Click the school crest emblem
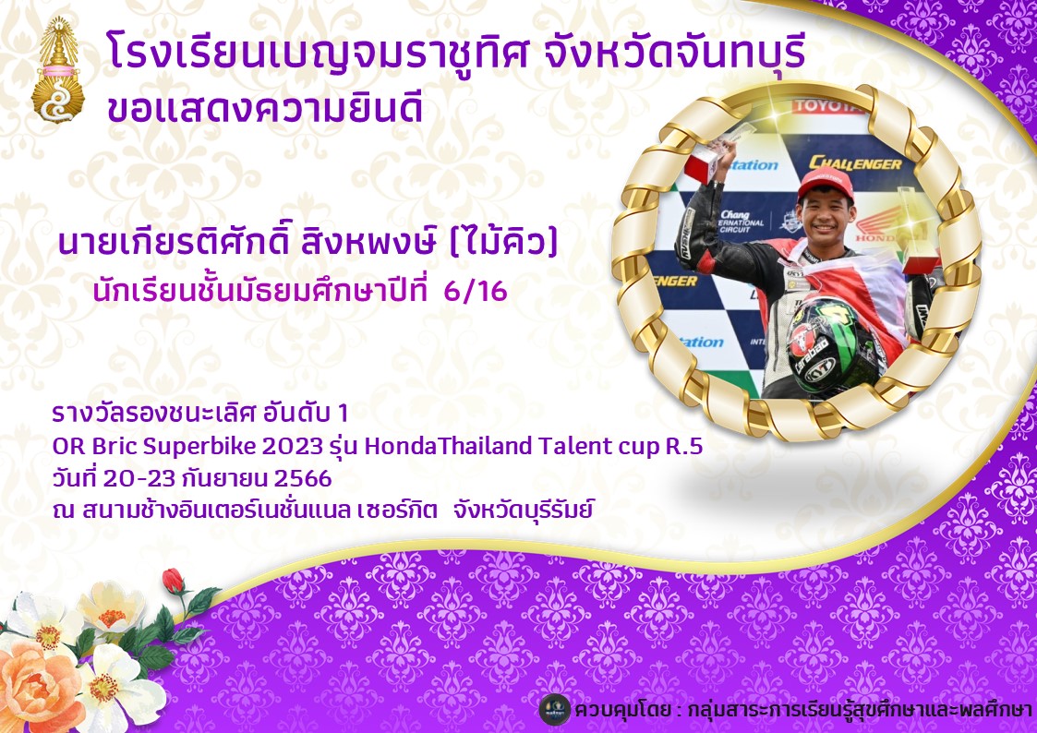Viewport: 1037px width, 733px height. (x=57, y=70)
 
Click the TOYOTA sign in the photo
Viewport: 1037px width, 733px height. (x=828, y=106)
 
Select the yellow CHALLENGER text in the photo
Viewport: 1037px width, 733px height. (x=855, y=162)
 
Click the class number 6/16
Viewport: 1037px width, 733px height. (x=476, y=291)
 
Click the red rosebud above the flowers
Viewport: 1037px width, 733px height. (x=174, y=581)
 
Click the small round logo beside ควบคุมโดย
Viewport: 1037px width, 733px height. (x=554, y=710)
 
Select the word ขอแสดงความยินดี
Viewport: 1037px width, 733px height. (x=264, y=108)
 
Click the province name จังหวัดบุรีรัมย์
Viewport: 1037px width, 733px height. (x=524, y=511)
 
